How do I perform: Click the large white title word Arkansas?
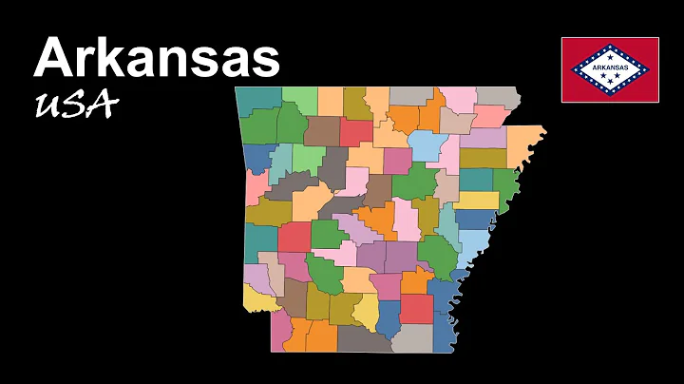pyautogui.click(x=157, y=58)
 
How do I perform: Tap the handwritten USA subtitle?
pyautogui.click(x=75, y=105)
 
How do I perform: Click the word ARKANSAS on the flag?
pyautogui.click(x=609, y=69)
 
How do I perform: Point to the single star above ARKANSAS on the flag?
pyautogui.click(x=609, y=56)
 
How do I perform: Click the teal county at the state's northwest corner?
pyautogui.click(x=258, y=100)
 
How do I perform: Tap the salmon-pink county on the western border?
pyautogui.click(x=256, y=185)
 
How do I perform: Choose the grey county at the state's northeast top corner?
pyautogui.click(x=497, y=96)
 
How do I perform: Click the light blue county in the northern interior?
pyautogui.click(x=427, y=145)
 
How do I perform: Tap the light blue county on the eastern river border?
pyautogui.click(x=472, y=249)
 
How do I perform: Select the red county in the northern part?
pyautogui.click(x=356, y=132)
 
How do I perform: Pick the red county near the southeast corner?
pyautogui.click(x=415, y=309)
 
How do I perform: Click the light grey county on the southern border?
pyautogui.click(x=413, y=337)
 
